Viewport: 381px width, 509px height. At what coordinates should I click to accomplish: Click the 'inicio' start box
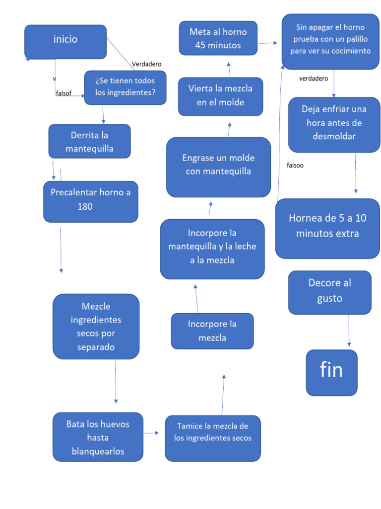(x=65, y=42)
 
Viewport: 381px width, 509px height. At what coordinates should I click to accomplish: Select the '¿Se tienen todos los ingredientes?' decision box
(x=125, y=87)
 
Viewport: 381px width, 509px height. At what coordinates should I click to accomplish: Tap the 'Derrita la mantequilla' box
(x=89, y=141)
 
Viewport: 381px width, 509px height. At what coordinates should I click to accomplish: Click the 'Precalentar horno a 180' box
(x=90, y=201)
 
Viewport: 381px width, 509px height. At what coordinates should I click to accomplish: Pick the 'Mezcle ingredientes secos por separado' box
(x=96, y=326)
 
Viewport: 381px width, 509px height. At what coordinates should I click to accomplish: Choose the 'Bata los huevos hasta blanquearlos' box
(x=98, y=437)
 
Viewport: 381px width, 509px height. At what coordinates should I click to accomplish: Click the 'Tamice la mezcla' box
(x=212, y=438)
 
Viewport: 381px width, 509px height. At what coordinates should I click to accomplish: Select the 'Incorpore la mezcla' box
(x=212, y=331)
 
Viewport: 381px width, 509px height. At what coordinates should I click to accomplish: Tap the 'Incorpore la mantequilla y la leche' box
(x=212, y=249)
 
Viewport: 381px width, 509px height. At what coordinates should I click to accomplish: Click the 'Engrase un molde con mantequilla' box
(x=218, y=167)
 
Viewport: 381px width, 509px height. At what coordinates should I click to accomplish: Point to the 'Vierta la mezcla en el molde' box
(x=220, y=96)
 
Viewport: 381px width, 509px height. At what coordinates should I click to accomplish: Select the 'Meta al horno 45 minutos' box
(x=218, y=38)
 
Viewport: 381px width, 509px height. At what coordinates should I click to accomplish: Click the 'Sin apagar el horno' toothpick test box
(x=330, y=41)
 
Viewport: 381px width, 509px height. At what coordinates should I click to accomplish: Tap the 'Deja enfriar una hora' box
(x=334, y=124)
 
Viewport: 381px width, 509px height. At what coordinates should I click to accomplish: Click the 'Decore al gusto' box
(x=329, y=292)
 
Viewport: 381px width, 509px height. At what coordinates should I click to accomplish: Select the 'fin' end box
(x=331, y=372)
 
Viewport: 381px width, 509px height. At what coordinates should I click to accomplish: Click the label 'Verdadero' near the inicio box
(x=146, y=64)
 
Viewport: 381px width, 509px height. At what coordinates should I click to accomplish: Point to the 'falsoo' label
(x=295, y=166)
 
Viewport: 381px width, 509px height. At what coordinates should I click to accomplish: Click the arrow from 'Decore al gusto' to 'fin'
(x=349, y=331)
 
